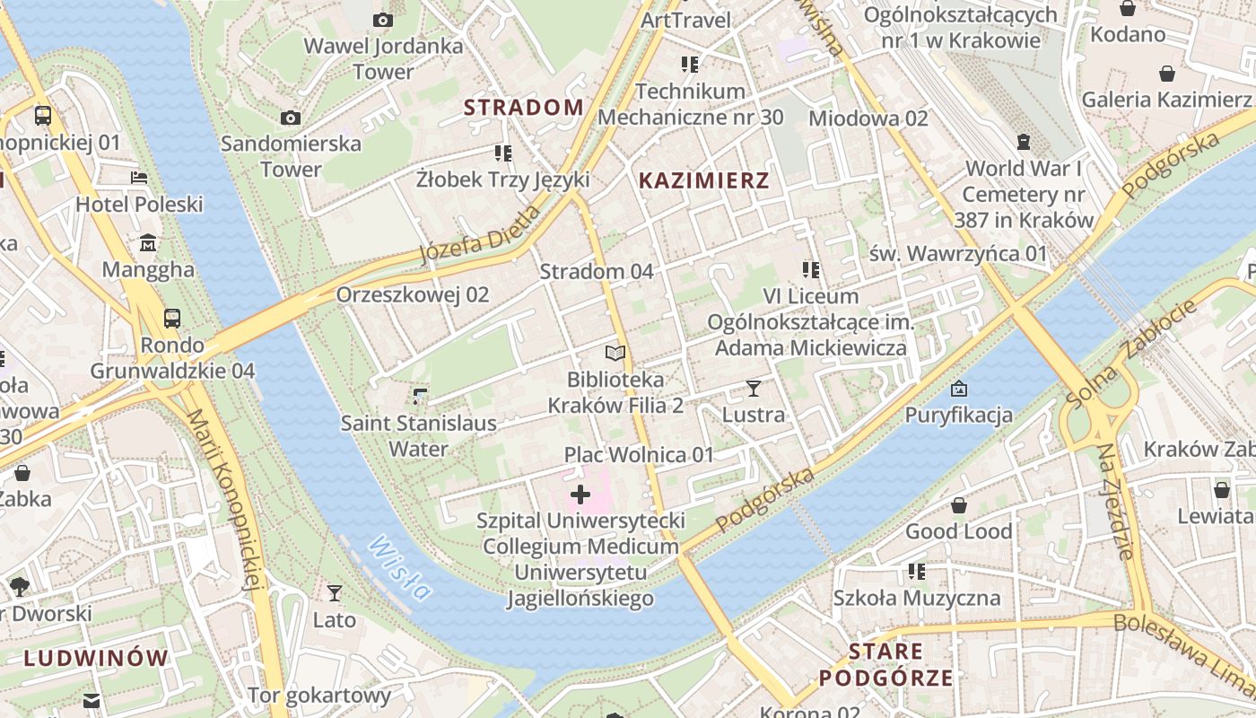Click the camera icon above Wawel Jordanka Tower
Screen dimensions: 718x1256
(x=383, y=20)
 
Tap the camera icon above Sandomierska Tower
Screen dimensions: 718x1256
(x=290, y=118)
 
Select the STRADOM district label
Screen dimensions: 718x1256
(x=523, y=108)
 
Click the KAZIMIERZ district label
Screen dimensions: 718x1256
(x=703, y=180)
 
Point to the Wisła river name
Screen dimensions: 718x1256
(x=399, y=567)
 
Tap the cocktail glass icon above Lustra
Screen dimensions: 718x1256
(x=753, y=389)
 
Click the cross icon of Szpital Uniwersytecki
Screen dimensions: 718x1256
(x=580, y=494)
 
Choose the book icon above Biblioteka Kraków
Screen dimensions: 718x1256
(x=615, y=354)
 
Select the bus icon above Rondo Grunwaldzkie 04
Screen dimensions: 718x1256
(x=171, y=318)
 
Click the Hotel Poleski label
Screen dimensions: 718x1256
(x=139, y=205)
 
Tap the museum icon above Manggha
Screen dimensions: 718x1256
(x=148, y=243)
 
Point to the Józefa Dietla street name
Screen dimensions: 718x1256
(x=481, y=238)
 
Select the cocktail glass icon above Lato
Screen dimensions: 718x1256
(x=335, y=592)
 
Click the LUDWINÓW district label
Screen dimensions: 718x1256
(x=96, y=658)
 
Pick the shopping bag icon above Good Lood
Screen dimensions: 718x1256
(x=959, y=505)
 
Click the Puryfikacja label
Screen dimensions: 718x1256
(x=958, y=415)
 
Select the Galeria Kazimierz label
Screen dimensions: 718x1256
(x=1166, y=100)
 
